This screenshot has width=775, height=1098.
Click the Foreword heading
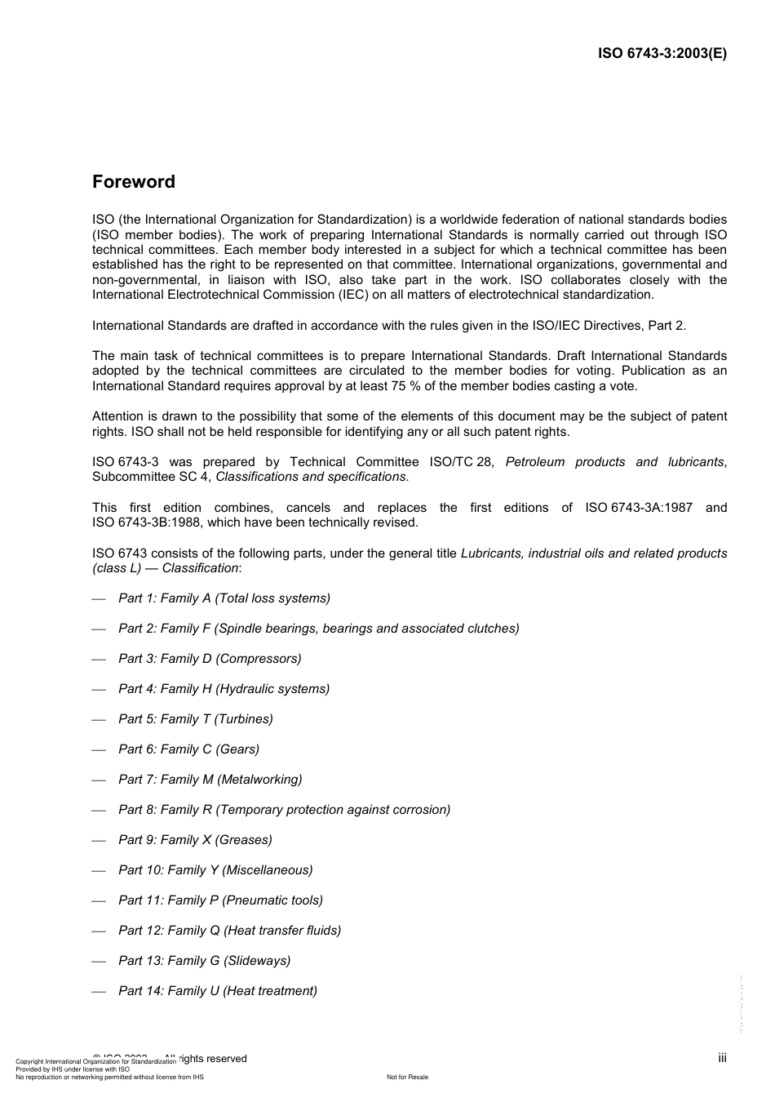[133, 181]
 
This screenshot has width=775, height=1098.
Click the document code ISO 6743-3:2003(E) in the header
[662, 53]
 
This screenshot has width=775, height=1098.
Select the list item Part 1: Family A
[224, 598]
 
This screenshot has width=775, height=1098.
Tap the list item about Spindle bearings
[318, 629]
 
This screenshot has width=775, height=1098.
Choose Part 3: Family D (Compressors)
[210, 659]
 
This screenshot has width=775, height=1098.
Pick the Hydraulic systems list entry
[224, 689]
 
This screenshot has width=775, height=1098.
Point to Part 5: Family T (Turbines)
[195, 719]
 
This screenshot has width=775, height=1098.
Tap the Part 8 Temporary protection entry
[284, 810]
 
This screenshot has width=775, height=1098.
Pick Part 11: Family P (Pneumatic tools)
[220, 900]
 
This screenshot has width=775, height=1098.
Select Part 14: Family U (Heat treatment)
[217, 991]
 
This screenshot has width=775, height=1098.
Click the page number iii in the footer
[722, 1058]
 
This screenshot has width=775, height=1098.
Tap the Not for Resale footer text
[407, 1077]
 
